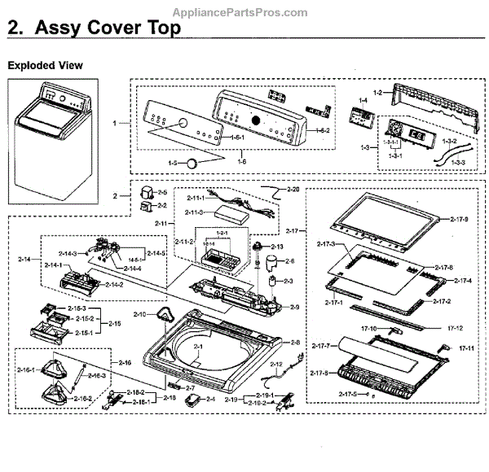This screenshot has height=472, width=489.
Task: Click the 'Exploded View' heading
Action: point(45,64)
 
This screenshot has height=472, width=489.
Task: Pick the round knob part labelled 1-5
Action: point(192,163)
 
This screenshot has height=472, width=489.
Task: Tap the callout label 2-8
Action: point(295,343)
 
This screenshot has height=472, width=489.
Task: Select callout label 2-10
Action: point(139,314)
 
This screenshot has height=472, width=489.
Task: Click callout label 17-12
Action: point(455,328)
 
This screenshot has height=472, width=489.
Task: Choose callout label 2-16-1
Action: point(28,370)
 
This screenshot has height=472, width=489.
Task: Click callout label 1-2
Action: point(377,93)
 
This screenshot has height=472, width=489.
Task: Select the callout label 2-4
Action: point(209,399)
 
